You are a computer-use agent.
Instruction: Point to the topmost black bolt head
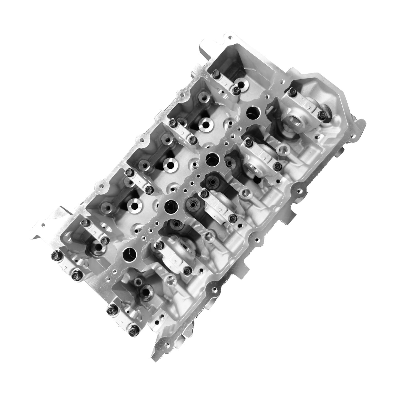click(216, 73)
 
